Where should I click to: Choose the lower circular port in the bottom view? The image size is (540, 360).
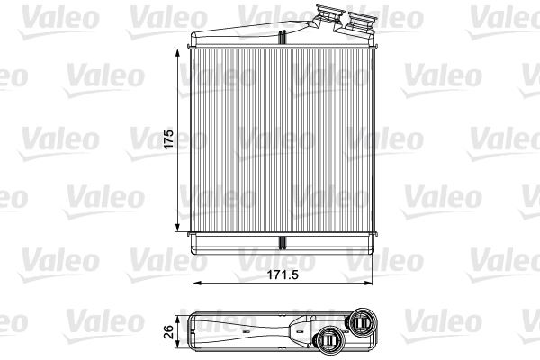(329, 339)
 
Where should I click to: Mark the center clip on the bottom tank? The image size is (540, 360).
(281, 243)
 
